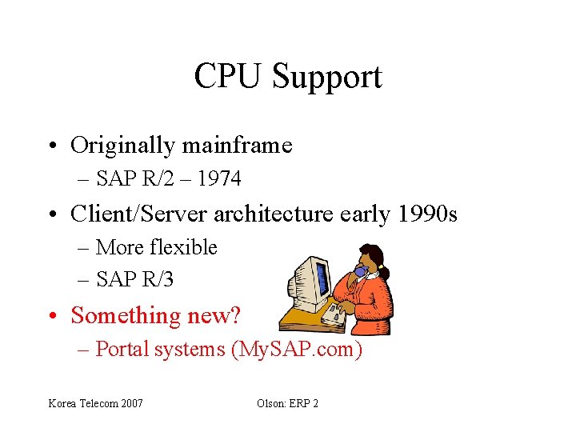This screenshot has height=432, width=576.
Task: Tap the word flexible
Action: pyautogui.click(x=180, y=248)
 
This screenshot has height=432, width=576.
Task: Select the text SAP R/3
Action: pyautogui.click(x=134, y=280)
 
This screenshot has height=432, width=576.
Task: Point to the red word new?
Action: pyautogui.click(x=214, y=316)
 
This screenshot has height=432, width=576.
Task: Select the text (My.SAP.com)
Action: pyautogui.click(x=296, y=350)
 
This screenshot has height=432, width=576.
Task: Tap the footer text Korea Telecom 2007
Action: pyautogui.click(x=95, y=403)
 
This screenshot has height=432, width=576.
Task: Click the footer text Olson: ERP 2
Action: pyautogui.click(x=287, y=403)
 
